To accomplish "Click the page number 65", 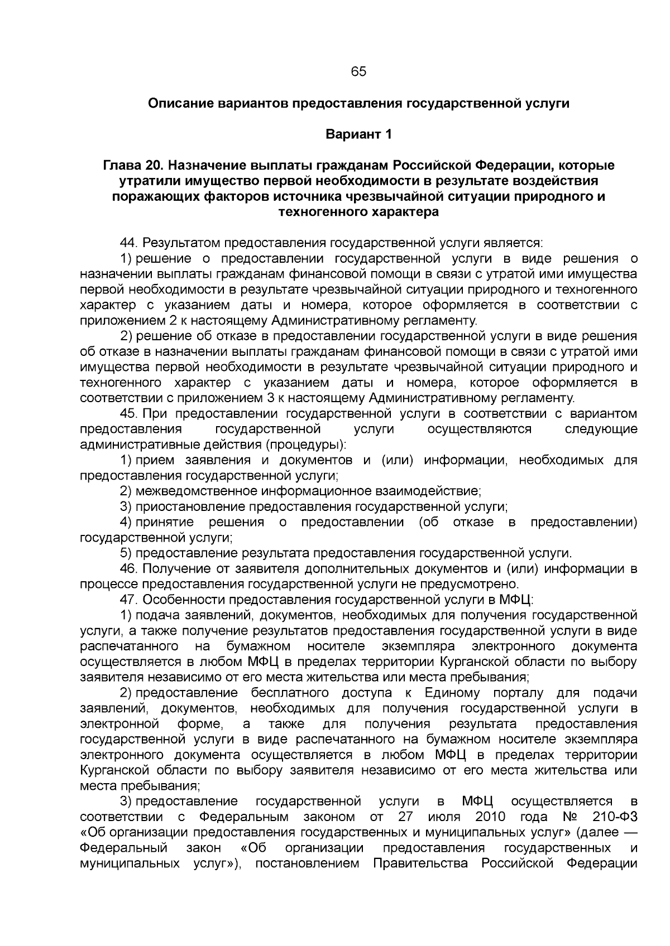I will point(358,72).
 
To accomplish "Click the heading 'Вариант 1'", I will point(358,134).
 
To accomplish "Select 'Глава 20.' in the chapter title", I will point(133,166).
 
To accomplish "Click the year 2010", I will point(490,817).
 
